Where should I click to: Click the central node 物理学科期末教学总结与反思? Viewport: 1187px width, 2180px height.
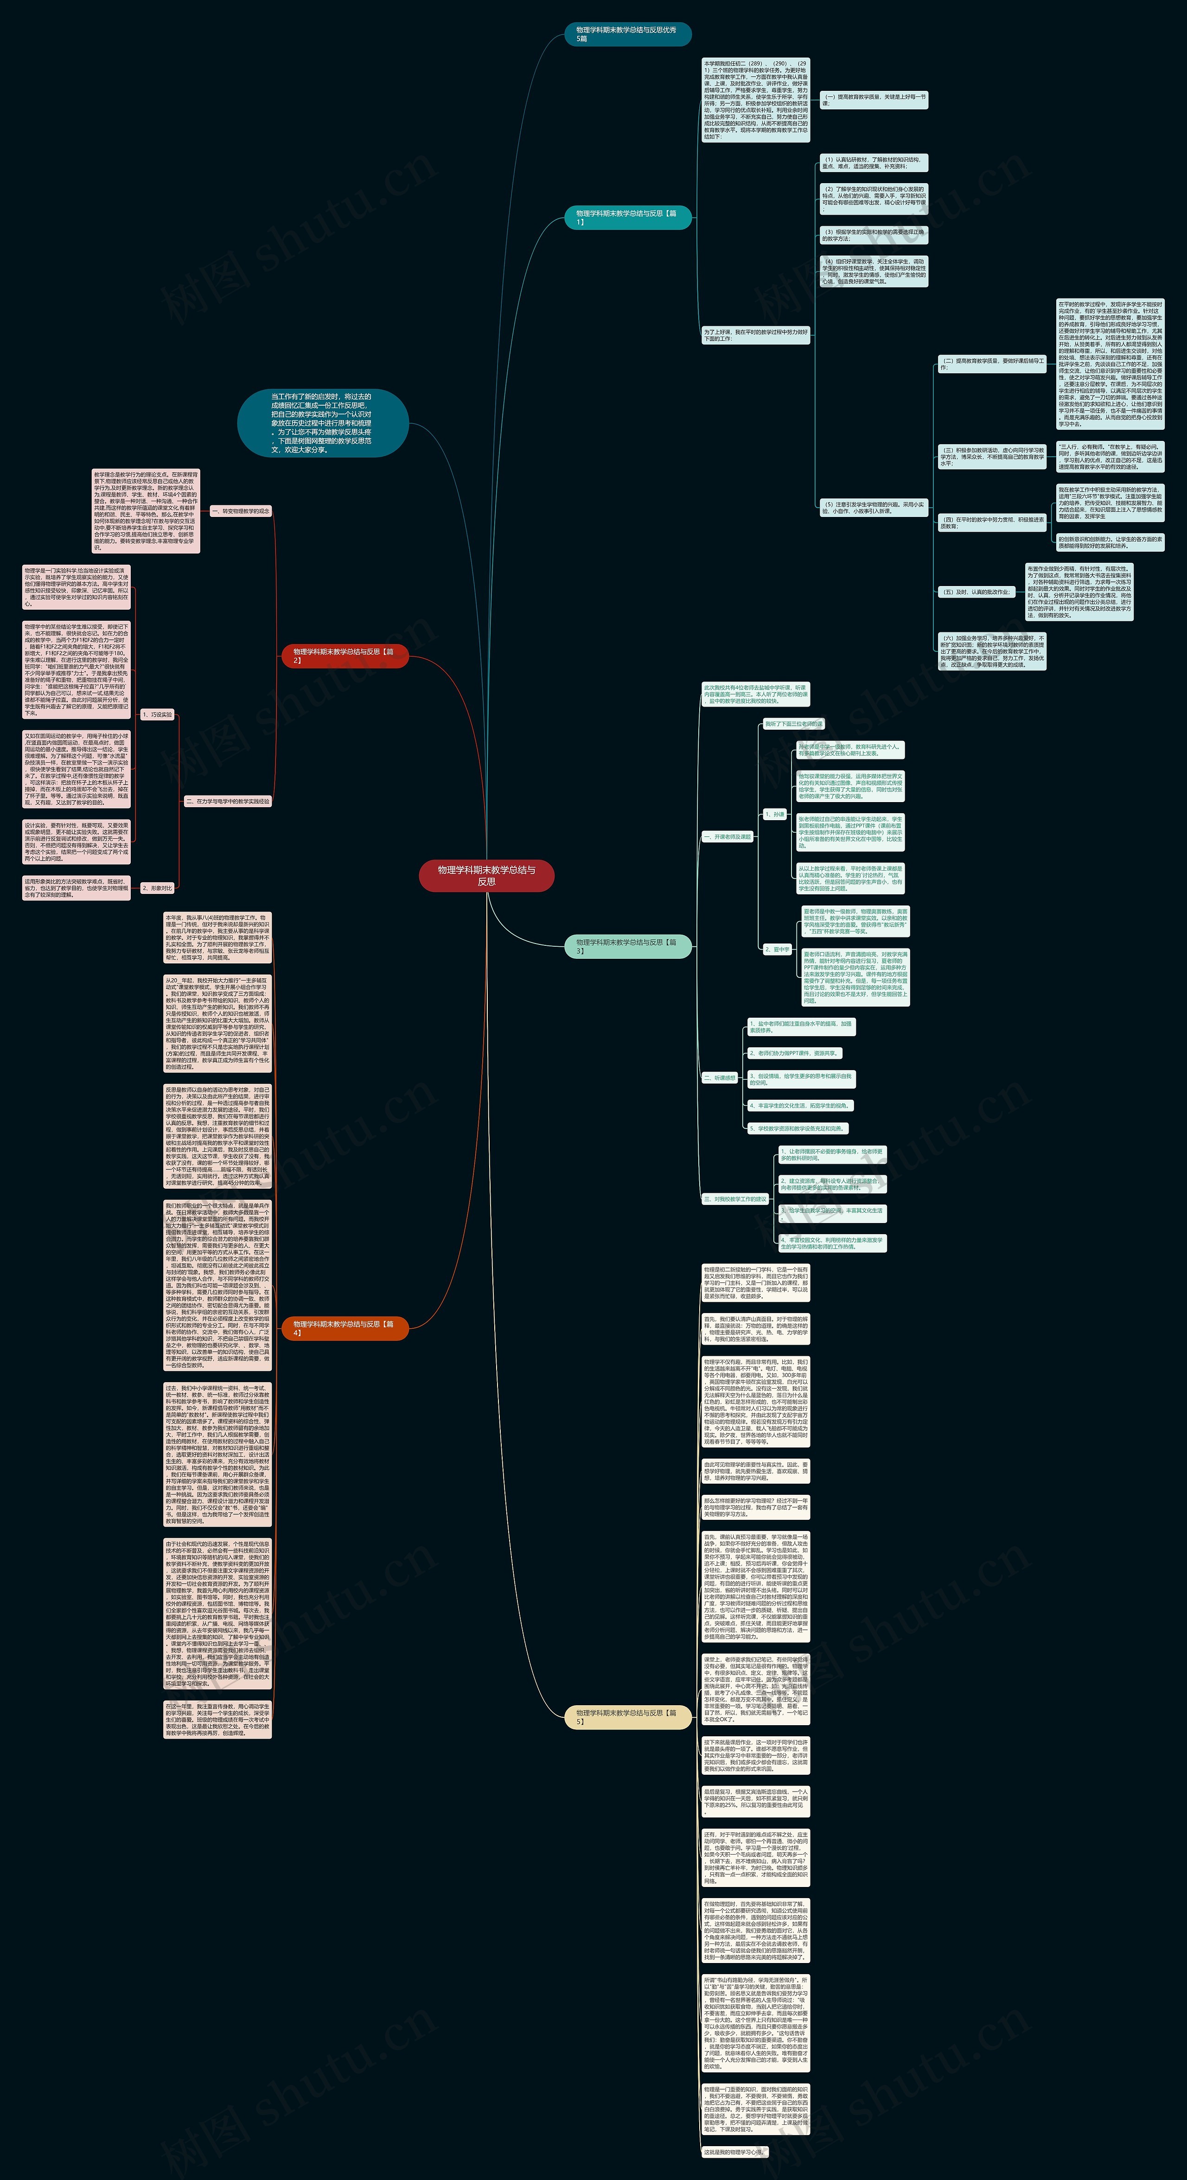(x=486, y=875)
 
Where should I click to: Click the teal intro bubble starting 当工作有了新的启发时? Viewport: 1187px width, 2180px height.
(x=322, y=422)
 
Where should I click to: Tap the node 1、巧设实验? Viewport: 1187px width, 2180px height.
(x=157, y=714)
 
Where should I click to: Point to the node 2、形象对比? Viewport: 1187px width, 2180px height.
(x=157, y=888)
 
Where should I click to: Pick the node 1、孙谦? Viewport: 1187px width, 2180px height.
(x=775, y=814)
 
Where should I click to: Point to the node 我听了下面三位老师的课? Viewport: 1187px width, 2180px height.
(x=794, y=724)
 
